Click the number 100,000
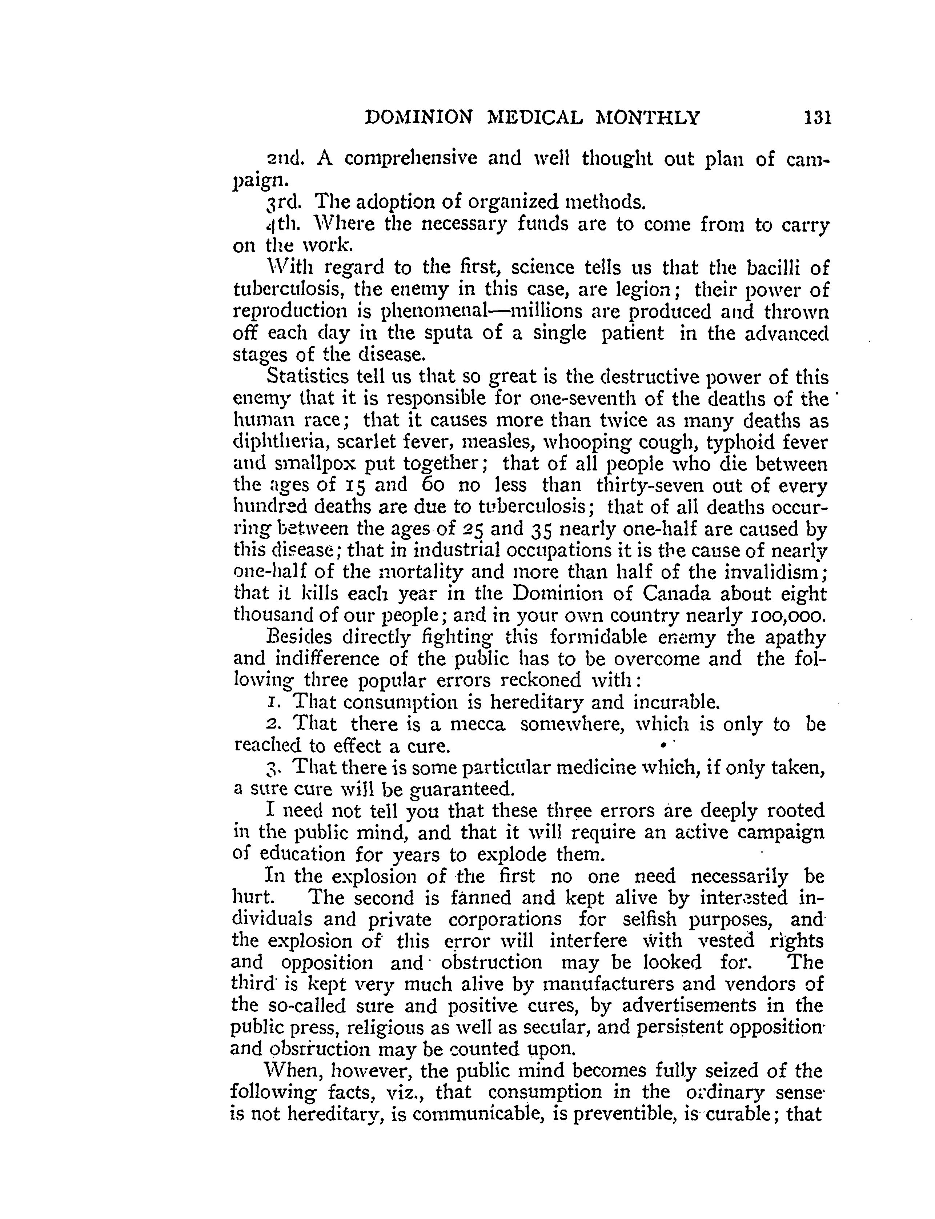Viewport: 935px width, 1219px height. [x=788, y=615]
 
